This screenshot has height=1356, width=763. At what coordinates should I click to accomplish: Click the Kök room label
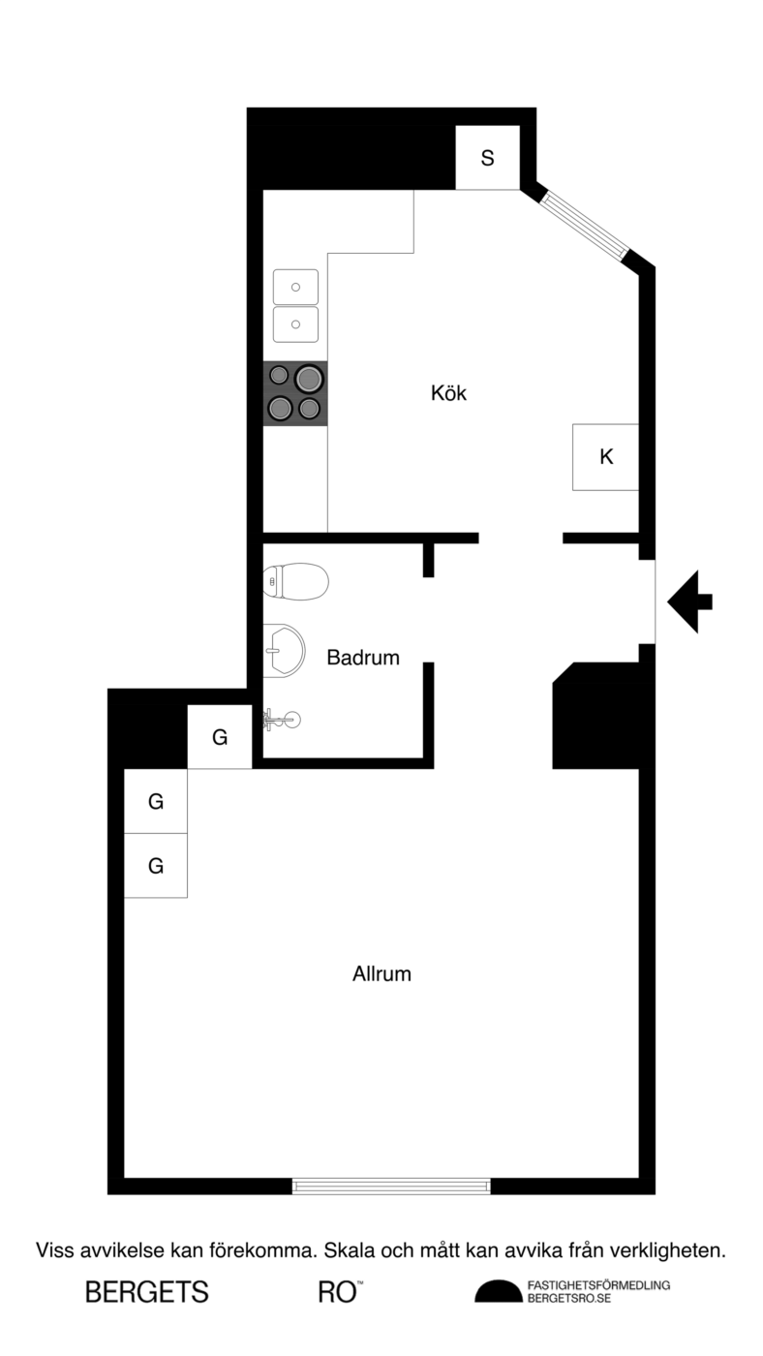[448, 393]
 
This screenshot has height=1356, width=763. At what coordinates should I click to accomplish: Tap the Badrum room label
[363, 658]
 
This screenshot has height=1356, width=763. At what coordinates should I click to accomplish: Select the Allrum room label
[381, 974]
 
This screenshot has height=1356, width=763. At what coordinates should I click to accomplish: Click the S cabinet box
[487, 157]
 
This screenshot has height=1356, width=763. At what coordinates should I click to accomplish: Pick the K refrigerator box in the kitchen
[606, 457]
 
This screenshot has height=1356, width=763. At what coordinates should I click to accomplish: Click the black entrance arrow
[689, 601]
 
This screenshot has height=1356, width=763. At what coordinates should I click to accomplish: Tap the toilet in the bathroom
[296, 581]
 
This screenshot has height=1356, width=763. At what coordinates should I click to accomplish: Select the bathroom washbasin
[285, 650]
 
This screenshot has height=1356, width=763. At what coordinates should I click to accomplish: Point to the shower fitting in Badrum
[282, 720]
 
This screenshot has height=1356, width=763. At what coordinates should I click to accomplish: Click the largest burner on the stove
[308, 379]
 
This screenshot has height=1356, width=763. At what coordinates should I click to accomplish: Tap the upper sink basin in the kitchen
[295, 287]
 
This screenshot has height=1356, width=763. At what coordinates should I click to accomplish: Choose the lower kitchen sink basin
[295, 324]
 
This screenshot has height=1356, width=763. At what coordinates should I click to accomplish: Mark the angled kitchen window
[585, 225]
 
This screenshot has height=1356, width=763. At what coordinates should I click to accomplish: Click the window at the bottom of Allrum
[391, 1186]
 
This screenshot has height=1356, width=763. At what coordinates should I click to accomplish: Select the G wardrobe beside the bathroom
[220, 737]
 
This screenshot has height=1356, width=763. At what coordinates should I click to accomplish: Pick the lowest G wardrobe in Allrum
[156, 866]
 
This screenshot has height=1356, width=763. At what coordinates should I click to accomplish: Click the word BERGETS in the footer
[147, 1293]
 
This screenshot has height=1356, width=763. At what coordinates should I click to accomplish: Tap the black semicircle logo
[498, 1292]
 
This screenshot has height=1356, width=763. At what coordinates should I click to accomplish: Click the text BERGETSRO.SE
[569, 1299]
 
